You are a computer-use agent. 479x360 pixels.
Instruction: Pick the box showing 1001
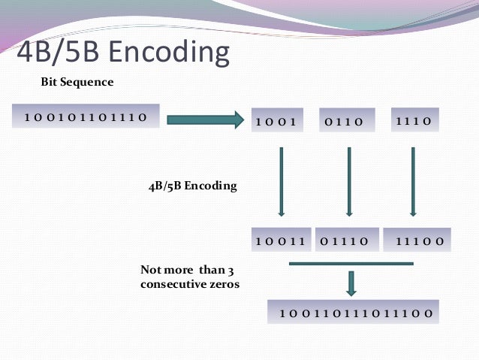coord(276,121)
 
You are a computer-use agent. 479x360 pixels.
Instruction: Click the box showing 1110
coord(411,120)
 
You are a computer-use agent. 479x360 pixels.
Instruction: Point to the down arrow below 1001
coord(281,181)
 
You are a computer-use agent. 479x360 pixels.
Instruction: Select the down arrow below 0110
coord(349,181)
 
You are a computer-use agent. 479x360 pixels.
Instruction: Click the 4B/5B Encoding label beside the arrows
coord(191,186)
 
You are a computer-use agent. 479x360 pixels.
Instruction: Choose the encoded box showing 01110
coord(346,241)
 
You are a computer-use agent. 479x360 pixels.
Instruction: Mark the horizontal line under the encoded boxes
coord(351,263)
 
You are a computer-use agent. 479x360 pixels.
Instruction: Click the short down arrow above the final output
coord(351,282)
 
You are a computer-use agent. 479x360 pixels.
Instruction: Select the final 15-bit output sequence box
coord(353,312)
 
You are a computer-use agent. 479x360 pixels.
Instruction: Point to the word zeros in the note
coord(224,284)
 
